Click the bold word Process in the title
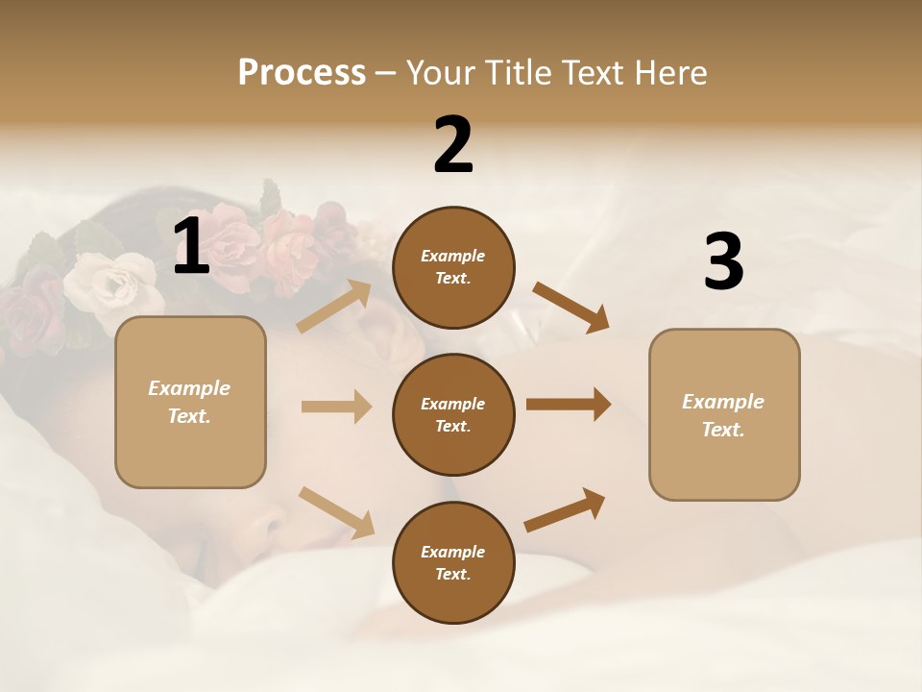(302, 72)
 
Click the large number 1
(191, 247)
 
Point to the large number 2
(453, 145)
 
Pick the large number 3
(723, 262)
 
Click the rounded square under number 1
(190, 402)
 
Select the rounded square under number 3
(724, 414)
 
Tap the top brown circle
(453, 267)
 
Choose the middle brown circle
(453, 414)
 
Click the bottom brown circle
(453, 562)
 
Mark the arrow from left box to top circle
(334, 307)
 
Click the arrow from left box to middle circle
(336, 407)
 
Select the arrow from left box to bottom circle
(336, 512)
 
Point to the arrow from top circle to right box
(570, 307)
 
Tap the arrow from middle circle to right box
(568, 405)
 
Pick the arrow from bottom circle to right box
(565, 509)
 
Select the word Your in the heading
(437, 72)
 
